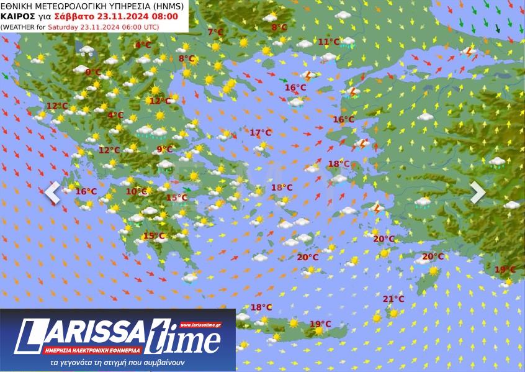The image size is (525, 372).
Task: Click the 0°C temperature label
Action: (93, 72)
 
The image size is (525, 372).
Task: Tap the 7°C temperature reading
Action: (215, 32)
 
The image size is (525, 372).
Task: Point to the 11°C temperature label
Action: (329, 42)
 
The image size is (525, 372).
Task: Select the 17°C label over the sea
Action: (261, 132)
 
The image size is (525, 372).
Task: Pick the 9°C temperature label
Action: (164, 149)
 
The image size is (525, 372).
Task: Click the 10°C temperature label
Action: (136, 191)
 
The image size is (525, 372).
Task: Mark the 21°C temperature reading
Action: (393, 299)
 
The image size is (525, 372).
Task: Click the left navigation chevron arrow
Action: (52, 193)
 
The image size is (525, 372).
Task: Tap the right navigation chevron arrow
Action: (477, 193)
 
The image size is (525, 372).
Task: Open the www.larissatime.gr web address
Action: (204, 325)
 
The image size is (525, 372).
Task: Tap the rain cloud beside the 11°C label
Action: (348, 43)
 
